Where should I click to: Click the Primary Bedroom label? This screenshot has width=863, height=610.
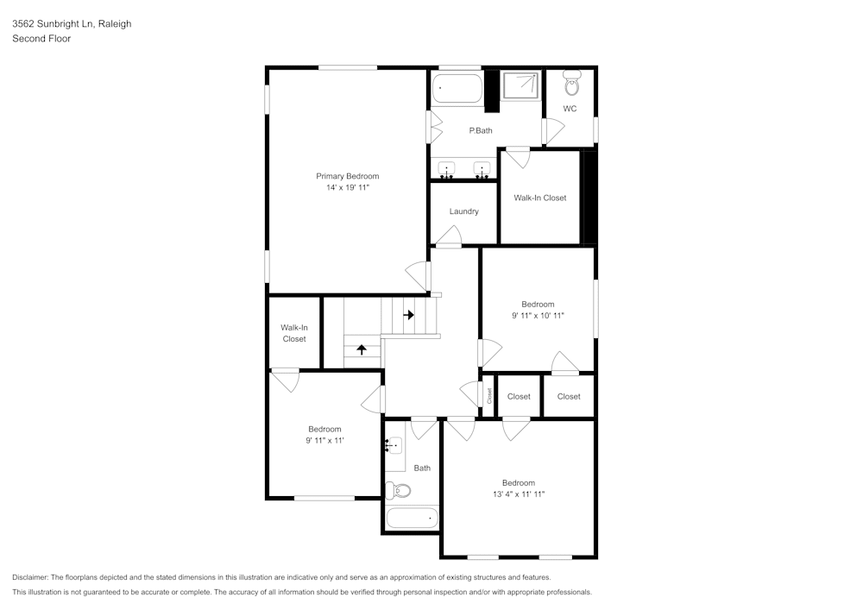[x=347, y=176]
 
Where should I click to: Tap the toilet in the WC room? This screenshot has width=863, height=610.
[x=570, y=85]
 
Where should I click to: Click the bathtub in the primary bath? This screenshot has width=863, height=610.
[x=457, y=88]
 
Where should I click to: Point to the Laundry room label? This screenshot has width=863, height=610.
[x=463, y=211]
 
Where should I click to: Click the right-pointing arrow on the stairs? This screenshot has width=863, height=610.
[x=408, y=315]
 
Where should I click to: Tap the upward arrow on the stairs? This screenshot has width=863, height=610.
[x=361, y=349]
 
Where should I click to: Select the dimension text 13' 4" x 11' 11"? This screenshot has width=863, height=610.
[x=518, y=494]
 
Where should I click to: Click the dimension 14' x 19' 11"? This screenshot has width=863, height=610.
[x=347, y=187]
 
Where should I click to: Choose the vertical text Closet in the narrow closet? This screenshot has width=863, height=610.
[x=488, y=396]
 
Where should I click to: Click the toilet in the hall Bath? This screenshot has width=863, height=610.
[x=399, y=490]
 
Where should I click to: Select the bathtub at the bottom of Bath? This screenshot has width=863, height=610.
[x=412, y=519]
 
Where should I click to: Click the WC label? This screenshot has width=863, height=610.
[x=570, y=109]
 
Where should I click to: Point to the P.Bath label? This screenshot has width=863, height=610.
[x=480, y=130]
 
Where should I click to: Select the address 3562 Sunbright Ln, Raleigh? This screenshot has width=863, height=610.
[x=72, y=24]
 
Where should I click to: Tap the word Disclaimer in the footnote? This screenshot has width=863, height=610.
[x=31, y=577]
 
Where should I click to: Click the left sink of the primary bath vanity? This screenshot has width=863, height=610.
[x=448, y=168]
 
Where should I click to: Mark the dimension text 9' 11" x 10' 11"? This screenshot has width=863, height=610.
[x=538, y=316]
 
